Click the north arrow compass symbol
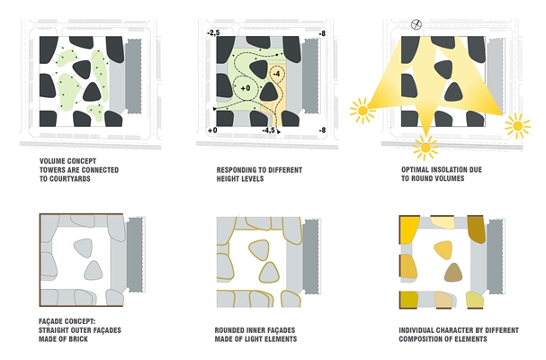click(416, 24)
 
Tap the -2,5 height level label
click(213, 32)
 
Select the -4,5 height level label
click(268, 130)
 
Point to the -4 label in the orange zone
click(276, 74)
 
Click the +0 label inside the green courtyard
click(246, 88)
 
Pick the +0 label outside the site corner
click(212, 130)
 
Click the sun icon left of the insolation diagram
click(363, 111)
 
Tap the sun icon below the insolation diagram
click(425, 148)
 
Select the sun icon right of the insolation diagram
click(517, 126)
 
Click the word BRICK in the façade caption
click(78, 338)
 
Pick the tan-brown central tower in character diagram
click(453, 272)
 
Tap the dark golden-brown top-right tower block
click(476, 229)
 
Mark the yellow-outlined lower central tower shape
click(269, 272)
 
